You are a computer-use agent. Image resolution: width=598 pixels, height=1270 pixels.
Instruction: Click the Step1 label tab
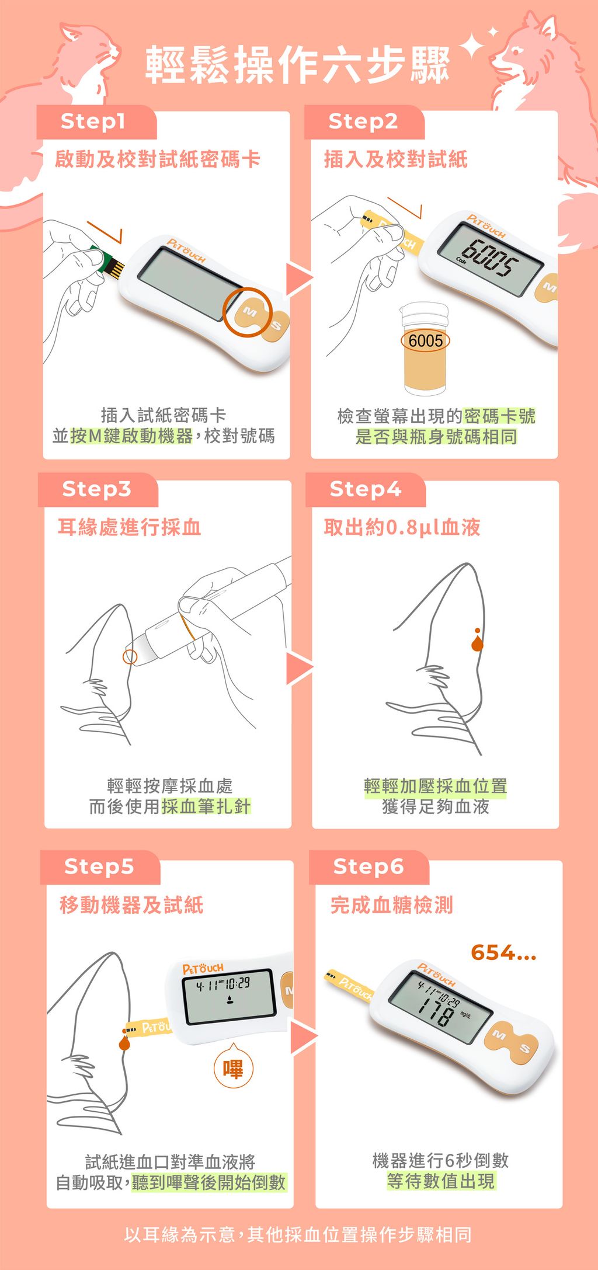(96, 122)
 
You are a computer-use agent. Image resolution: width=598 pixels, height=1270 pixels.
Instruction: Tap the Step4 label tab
(365, 489)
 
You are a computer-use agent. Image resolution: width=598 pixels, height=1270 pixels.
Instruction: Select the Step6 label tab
(368, 867)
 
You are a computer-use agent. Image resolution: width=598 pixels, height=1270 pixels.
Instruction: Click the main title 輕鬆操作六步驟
(298, 65)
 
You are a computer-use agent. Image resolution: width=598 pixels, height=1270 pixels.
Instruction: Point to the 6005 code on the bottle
(426, 341)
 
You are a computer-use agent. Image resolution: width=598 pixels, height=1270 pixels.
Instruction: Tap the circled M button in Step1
(249, 312)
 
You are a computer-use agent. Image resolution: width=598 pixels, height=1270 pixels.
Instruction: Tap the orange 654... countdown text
(503, 953)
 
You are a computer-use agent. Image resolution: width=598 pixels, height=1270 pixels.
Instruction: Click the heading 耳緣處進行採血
(129, 527)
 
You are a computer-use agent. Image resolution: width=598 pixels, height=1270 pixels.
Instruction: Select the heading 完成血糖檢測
(392, 905)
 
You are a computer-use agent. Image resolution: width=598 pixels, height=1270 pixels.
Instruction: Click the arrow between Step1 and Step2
(298, 279)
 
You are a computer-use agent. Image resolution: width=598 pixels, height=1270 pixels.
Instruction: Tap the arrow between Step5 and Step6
(303, 1038)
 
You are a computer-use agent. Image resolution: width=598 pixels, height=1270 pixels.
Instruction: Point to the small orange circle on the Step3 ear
(130, 656)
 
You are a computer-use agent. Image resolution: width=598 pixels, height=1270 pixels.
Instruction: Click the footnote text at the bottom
(298, 1235)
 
